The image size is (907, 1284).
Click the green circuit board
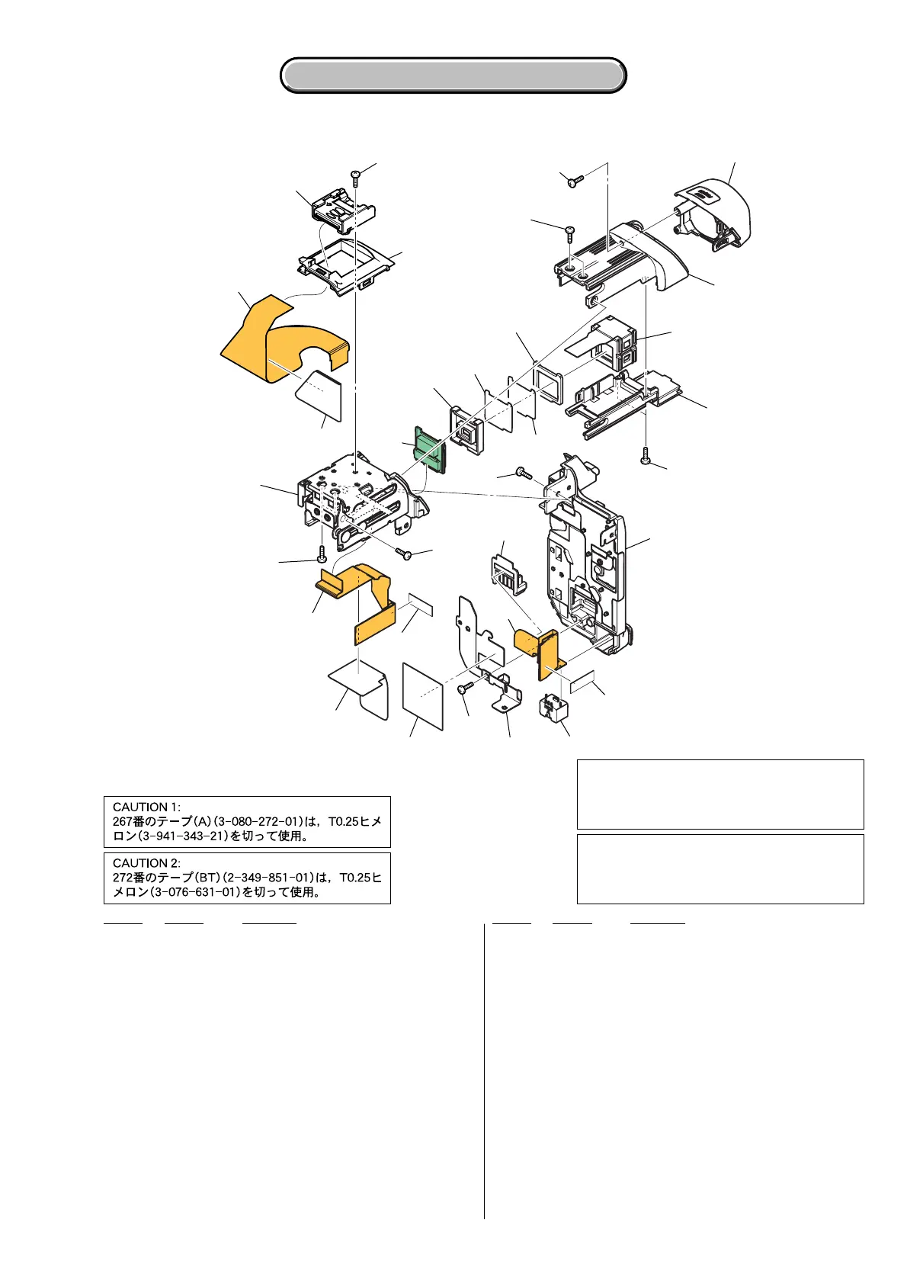tap(429, 448)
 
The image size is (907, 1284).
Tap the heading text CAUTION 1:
tap(146, 807)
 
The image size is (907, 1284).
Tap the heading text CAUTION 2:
tap(146, 863)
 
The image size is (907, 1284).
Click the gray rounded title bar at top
tap(453, 75)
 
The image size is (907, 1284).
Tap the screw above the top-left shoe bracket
tap(355, 176)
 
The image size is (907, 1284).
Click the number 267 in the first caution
tap(122, 821)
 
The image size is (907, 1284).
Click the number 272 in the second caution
tap(122, 878)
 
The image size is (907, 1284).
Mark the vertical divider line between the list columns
tap(484, 1067)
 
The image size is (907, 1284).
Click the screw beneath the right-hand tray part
tap(646, 455)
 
